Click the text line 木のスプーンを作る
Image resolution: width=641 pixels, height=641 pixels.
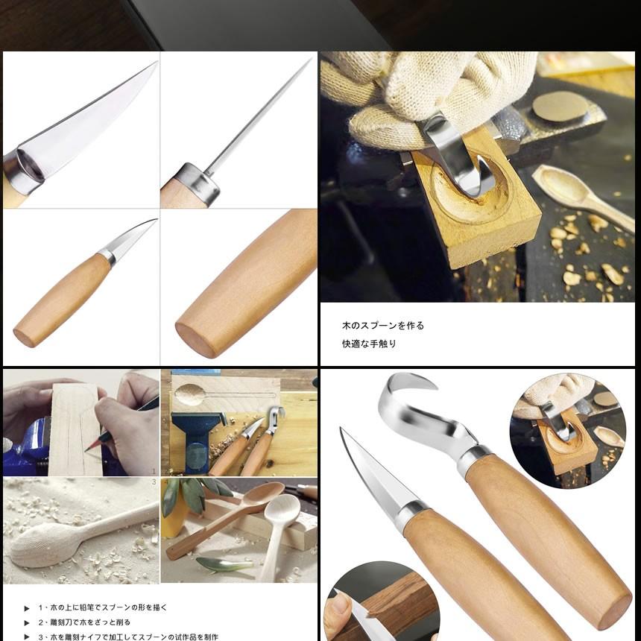click(x=383, y=326)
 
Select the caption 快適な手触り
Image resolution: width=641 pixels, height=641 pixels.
click(x=369, y=344)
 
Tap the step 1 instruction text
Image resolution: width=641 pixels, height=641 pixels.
click(x=103, y=607)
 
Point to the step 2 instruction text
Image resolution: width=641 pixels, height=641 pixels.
click(x=84, y=622)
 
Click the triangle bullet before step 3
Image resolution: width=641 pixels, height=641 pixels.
click(x=27, y=637)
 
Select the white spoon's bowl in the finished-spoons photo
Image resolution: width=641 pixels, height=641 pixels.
click(x=282, y=510)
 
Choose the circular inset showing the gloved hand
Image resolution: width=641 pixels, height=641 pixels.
click(x=567, y=431)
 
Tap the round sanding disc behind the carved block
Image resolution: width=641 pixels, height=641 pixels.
click(x=560, y=107)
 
